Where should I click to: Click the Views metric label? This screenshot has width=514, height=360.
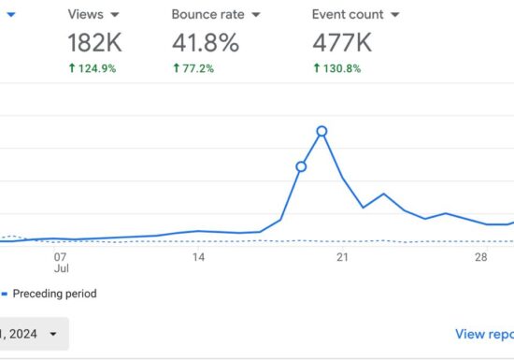pos(86,15)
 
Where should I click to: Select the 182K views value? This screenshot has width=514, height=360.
pos(95,43)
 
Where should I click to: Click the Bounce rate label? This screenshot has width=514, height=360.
pos(207,15)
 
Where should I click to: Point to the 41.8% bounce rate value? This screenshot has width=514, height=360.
pos(206,43)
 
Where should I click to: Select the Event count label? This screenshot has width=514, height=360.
pos(348,15)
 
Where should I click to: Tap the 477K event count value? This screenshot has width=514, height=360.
pos(343,43)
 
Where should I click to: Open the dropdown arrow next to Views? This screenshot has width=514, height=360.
pos(115,15)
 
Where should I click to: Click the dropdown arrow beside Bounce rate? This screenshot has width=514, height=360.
pos(254,15)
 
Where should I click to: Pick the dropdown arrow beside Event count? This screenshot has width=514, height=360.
pos(394,15)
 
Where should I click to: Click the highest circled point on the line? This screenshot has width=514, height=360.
pos(321,131)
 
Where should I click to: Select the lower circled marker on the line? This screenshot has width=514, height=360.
pos(301,166)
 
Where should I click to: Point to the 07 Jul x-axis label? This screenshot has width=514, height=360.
pos(61,262)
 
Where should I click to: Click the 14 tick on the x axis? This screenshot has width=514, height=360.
pos(198,256)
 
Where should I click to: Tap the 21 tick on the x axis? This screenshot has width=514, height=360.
pos(342,256)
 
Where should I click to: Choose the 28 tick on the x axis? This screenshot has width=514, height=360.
pos(481,256)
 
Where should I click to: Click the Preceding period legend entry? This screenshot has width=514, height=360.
pos(53,294)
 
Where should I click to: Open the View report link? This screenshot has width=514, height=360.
pos(483,334)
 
